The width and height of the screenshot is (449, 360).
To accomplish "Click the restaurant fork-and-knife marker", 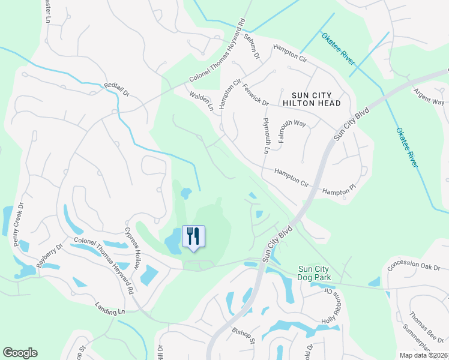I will click(193, 236).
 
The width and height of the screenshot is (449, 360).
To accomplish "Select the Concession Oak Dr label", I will click(414, 266).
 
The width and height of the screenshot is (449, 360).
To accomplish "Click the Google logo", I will click(20, 353).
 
